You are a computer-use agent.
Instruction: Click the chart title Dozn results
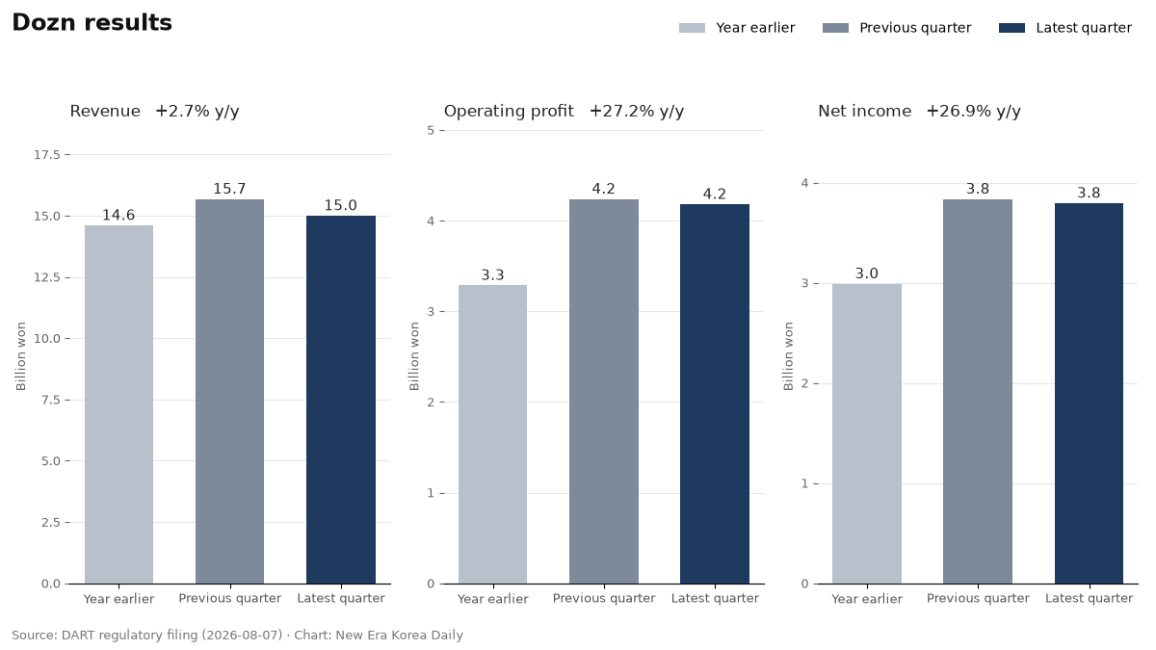[x=92, y=23]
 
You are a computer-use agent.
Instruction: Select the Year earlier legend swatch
[x=692, y=28]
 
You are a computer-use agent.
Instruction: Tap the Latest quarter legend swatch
[x=1011, y=28]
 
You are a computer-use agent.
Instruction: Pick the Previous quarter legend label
[x=915, y=28]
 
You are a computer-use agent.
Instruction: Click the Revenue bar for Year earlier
[x=118, y=404]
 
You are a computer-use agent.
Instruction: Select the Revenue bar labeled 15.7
[x=229, y=391]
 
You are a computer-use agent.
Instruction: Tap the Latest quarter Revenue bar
[x=341, y=400]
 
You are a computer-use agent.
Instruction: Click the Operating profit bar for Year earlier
[x=492, y=434]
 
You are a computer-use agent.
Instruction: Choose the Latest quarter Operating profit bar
[x=714, y=394]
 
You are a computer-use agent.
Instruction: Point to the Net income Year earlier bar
[x=866, y=433]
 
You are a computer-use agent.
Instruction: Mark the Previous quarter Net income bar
[x=978, y=391]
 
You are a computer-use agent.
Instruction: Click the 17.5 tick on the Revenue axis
[x=47, y=155]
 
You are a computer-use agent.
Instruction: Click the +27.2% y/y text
[x=637, y=112]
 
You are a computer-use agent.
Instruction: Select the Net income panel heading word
[x=864, y=112]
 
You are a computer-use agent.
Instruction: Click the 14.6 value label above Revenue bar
[x=118, y=215]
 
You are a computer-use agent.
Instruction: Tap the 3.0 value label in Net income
[x=866, y=273]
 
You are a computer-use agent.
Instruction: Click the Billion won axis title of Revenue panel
[x=20, y=356]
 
